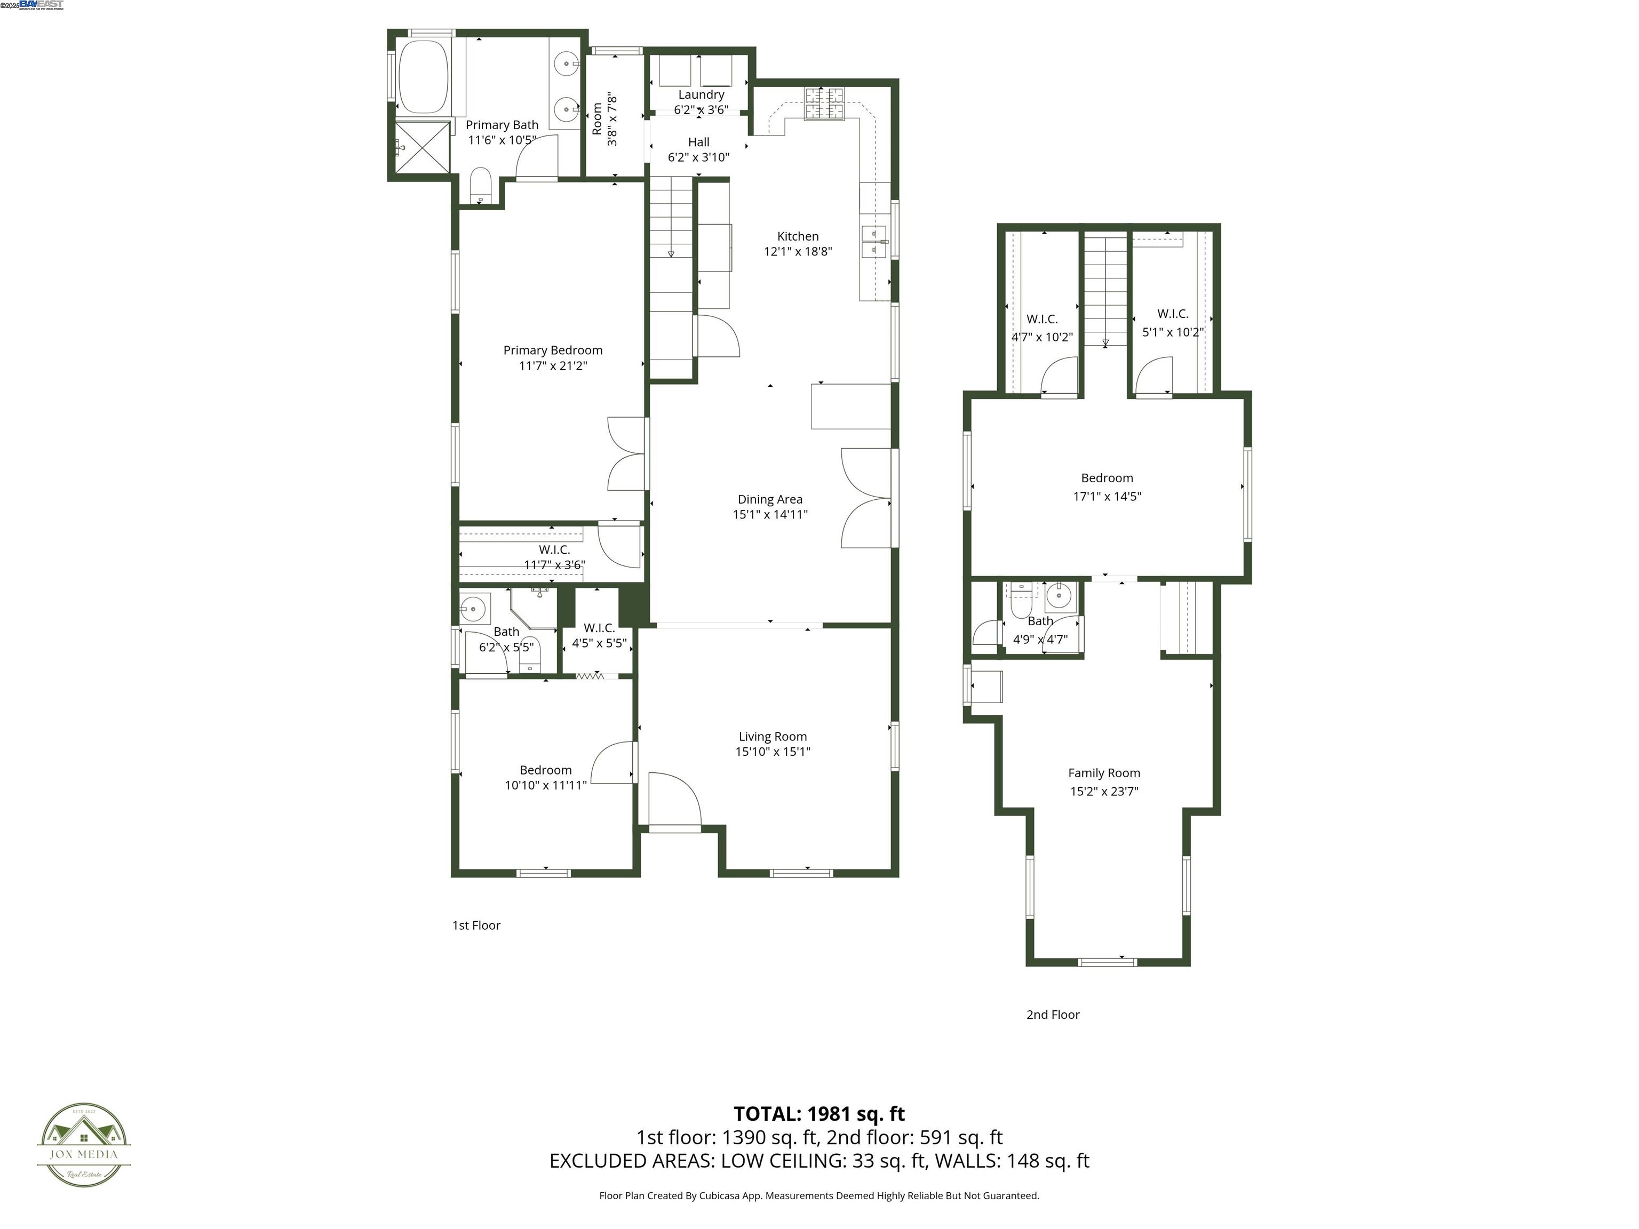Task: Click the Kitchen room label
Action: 797,236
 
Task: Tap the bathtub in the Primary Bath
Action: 424,77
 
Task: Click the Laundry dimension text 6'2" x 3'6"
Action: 700,110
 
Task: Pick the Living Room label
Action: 772,736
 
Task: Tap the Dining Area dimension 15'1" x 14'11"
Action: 770,514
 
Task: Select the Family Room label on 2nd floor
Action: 1103,773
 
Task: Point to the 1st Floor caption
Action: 476,925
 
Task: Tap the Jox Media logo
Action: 84,1145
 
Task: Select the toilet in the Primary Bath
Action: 481,185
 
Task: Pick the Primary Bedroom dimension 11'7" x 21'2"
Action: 553,366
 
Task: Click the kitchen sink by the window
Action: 873,242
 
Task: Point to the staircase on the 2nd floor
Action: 1105,289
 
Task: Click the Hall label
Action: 698,142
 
